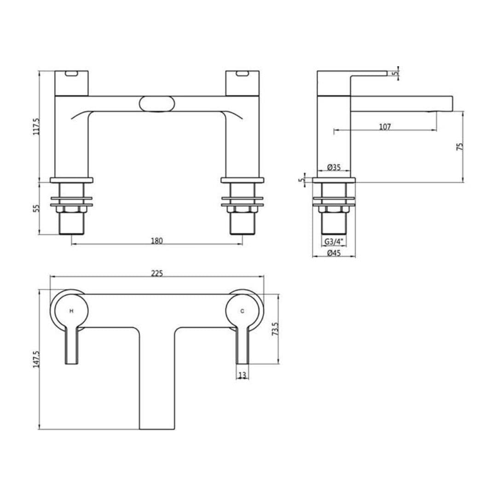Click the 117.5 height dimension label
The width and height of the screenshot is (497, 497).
[x=37, y=126]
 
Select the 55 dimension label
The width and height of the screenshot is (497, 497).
[x=37, y=208]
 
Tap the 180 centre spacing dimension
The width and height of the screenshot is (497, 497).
[x=157, y=241]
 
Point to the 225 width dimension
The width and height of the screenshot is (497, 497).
[x=157, y=273]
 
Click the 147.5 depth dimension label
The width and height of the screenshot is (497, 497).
[x=37, y=359]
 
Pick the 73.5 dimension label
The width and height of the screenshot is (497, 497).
[x=276, y=329]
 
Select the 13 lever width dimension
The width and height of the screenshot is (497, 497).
[x=243, y=375]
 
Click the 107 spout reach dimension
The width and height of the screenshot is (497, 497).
[x=385, y=127]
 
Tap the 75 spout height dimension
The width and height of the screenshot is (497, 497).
[x=460, y=147]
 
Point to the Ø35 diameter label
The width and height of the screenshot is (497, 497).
[x=334, y=168]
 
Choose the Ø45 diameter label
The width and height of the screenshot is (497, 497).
[x=334, y=253]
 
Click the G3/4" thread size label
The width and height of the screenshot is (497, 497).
[x=334, y=241]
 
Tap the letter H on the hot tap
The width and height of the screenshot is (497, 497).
[x=71, y=311]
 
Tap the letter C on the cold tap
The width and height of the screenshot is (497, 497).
[x=243, y=311]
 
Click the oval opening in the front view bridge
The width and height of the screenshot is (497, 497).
[x=157, y=104]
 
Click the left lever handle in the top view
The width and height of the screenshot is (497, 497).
[x=71, y=345]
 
